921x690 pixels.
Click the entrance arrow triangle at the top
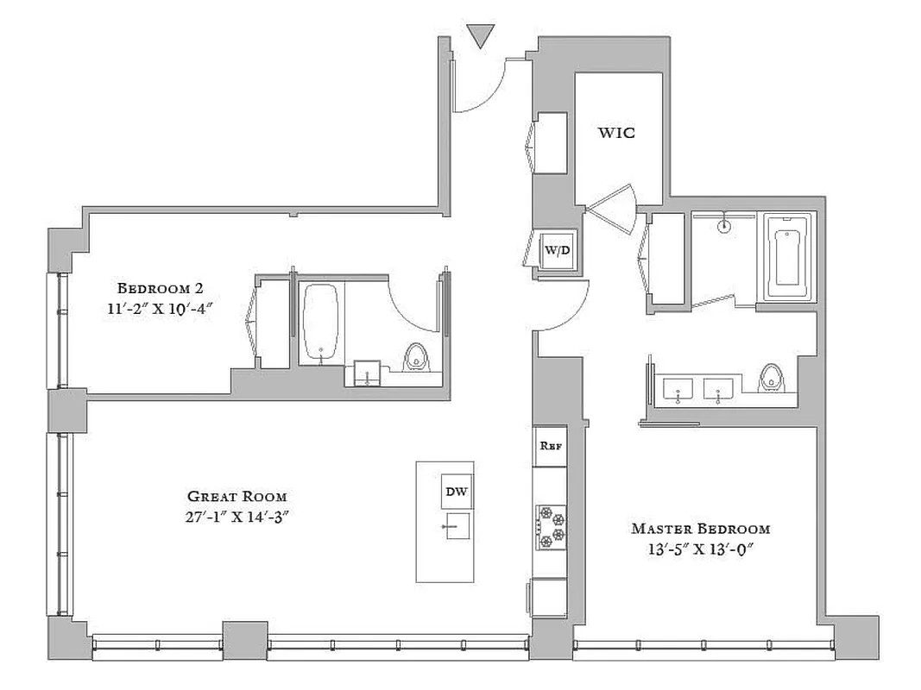point(480,36)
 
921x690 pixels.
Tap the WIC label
point(617,133)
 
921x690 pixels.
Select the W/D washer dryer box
point(557,250)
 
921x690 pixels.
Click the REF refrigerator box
point(550,446)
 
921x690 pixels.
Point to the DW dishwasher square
point(457,492)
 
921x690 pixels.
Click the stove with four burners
point(550,526)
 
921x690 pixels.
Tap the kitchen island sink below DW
point(456,525)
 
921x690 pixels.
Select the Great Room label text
point(237,497)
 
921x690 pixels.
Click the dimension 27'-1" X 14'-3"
point(237,517)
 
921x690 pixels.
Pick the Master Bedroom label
point(700,529)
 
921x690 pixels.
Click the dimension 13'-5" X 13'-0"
point(700,549)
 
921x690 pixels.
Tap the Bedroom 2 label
point(160,287)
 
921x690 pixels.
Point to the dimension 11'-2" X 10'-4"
point(160,308)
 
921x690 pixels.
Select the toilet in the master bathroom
point(770,378)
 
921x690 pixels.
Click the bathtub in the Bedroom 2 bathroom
point(322,322)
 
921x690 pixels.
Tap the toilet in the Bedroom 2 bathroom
point(416,355)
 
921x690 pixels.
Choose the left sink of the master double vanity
point(678,390)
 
